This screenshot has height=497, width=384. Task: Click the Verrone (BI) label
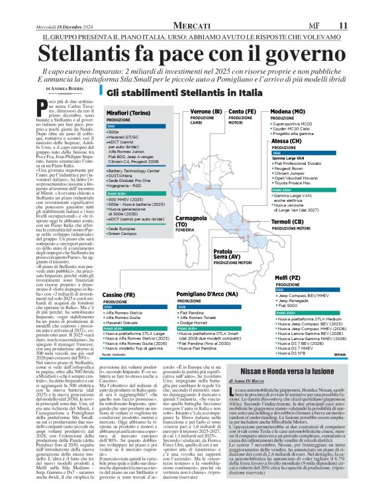[191, 111]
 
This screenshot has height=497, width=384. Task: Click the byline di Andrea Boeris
[65, 88]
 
